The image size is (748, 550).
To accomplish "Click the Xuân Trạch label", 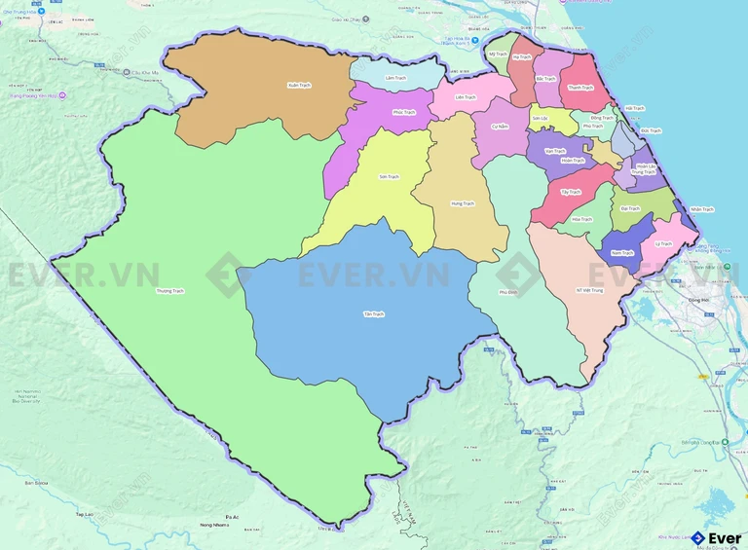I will coord(299,86).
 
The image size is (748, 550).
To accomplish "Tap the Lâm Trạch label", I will coord(394,78).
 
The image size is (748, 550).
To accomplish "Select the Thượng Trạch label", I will coord(169,290).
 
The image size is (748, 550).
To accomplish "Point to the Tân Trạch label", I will coord(374,314).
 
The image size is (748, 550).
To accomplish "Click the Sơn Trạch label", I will coord(389,176).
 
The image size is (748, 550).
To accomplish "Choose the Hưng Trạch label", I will coord(462,203).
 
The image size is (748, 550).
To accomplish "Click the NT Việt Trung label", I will coord(590,289).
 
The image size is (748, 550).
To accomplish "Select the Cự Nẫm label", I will coord(501,127).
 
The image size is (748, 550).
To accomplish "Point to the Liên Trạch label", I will coord(466,97).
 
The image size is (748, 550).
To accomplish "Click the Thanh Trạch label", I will coord(580,88).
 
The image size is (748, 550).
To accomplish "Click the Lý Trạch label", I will coord(663,243).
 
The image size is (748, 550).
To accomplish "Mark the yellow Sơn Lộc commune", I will coord(542,119).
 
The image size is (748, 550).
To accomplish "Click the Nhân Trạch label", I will coord(701,209).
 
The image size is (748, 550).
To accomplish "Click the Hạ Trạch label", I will coord(522,57).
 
